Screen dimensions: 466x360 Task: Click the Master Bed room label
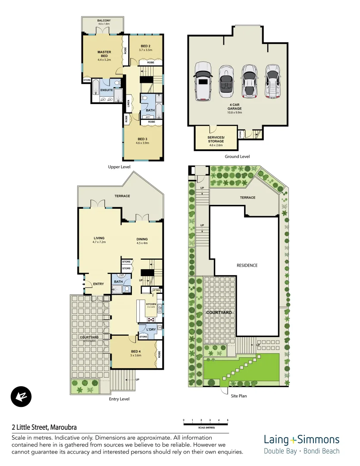point(104,54)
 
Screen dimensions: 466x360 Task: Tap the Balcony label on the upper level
point(103,20)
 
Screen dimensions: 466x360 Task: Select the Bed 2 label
point(146,46)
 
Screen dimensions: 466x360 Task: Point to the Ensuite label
point(106,90)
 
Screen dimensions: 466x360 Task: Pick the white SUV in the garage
point(203,81)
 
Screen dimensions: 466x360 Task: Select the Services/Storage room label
point(216,139)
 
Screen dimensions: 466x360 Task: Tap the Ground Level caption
point(237,157)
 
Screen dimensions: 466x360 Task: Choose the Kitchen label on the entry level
point(150,305)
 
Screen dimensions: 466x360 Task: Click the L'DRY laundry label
point(150,330)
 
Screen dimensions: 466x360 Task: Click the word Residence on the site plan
point(247,265)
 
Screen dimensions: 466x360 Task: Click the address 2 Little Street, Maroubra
point(44,428)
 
